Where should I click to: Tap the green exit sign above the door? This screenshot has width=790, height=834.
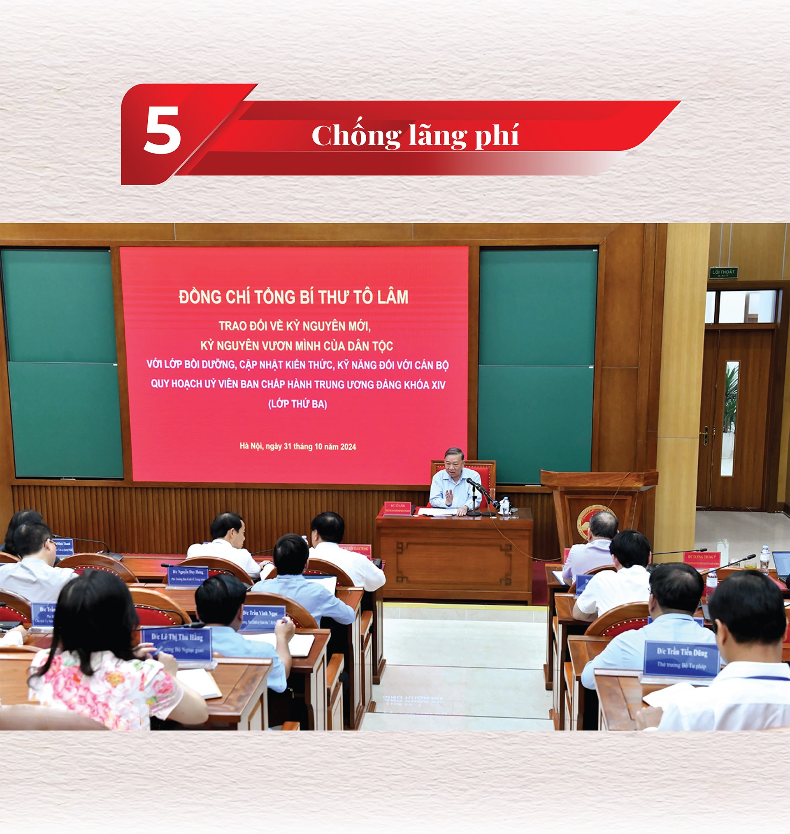(723, 272)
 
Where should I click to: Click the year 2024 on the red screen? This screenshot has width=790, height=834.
(348, 447)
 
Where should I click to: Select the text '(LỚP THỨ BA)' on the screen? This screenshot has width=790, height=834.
(297, 404)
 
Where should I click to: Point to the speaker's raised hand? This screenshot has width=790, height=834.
(449, 496)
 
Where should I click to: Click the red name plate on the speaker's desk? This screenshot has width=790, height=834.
(397, 508)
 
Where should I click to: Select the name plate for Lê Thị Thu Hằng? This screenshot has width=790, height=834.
(177, 643)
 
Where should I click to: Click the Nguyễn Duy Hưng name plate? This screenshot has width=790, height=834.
(187, 576)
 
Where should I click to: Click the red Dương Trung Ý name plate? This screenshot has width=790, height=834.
(702, 559)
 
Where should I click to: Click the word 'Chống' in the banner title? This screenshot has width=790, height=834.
(356, 135)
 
